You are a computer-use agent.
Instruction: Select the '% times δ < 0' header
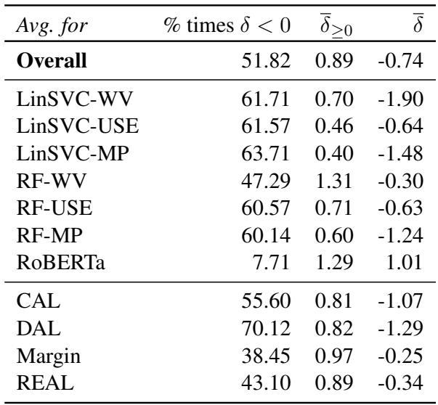point(224,28)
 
